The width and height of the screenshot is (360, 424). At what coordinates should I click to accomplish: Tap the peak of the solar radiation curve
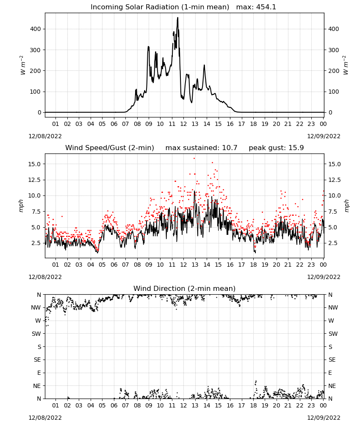178,17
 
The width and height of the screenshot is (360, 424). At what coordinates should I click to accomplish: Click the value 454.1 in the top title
266,7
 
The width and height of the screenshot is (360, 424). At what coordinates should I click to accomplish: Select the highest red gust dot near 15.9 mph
194,159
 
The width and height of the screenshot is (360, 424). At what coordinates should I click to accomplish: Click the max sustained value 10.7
230,148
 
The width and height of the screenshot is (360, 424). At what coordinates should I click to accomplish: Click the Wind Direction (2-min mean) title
185,288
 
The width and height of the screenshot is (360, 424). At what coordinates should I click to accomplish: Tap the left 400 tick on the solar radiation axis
36,29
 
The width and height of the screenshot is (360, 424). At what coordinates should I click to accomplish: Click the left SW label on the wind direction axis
36,334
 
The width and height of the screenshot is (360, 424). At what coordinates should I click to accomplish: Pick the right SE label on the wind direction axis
332,360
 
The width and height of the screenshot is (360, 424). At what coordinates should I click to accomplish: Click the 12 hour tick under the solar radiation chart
184,124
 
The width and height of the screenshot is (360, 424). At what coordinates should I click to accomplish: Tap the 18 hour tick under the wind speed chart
253,265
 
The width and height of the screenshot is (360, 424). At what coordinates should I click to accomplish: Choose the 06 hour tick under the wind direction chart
114,406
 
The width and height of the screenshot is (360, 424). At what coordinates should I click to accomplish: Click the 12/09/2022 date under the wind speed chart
324,277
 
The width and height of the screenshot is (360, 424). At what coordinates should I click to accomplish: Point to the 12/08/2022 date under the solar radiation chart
45,136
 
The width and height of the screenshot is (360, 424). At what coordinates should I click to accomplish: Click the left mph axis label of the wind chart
21,206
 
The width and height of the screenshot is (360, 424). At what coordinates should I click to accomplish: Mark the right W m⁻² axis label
346,65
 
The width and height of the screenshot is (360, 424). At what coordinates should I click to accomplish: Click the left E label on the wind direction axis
39,373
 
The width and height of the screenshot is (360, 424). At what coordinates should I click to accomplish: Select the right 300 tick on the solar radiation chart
334,50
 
